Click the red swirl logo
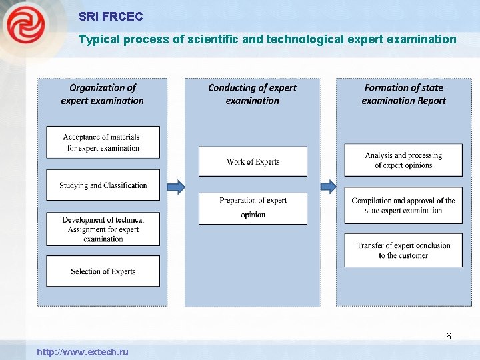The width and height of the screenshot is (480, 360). click(25, 25)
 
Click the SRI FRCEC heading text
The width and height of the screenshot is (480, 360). click(111, 16)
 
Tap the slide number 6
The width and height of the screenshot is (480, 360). click(449, 336)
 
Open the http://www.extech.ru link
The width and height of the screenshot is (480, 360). click(83, 352)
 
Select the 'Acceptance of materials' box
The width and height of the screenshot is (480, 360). click(103, 142)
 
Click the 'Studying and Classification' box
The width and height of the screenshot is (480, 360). click(103, 185)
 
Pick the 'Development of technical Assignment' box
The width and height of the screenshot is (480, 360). click(103, 229)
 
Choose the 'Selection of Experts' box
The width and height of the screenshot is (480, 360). click(103, 271)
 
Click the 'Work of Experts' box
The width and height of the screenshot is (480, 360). click(253, 161)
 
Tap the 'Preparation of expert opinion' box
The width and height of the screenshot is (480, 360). click(253, 208)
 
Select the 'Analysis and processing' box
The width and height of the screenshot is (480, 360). click(403, 160)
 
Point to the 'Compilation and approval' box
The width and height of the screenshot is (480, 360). click(403, 205)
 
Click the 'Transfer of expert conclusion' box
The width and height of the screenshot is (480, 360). click(403, 250)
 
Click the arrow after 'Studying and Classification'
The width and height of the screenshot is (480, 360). click(175, 186)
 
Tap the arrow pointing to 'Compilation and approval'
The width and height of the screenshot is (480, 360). click(329, 186)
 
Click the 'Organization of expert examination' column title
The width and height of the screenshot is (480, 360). click(103, 94)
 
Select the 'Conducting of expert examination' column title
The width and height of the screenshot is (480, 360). click(252, 94)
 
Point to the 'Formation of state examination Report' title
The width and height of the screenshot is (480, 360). click(403, 94)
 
